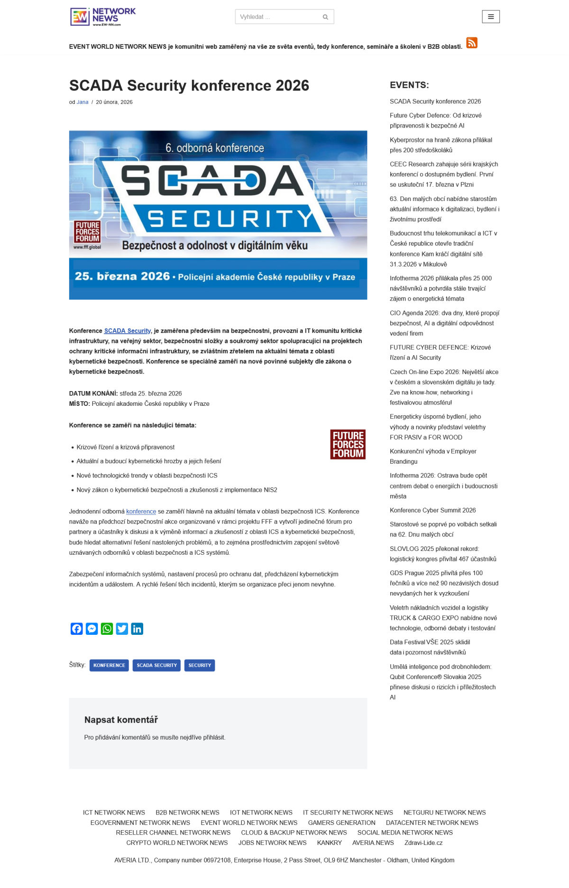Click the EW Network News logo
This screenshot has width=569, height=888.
103,17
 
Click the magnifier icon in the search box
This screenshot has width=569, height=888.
325,17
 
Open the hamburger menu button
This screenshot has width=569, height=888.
491,17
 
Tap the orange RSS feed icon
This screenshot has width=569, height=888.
471,43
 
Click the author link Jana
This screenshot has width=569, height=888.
83,102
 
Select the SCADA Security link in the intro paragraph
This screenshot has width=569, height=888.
128,331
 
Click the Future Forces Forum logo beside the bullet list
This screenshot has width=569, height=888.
348,444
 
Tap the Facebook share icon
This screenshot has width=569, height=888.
77,629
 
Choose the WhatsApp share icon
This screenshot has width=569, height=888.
107,629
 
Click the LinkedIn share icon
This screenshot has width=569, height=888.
137,629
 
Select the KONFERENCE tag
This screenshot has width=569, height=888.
109,665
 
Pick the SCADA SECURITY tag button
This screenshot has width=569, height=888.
156,665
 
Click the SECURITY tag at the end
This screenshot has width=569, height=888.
200,665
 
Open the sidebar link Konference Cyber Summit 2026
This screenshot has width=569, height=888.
432,510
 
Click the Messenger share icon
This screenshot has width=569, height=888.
92,629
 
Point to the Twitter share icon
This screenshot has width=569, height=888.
122,629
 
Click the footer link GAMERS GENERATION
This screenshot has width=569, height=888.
341,823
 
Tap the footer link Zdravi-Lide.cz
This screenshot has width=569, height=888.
423,842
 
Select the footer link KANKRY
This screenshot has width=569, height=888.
329,842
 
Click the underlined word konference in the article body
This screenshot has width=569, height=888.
141,512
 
